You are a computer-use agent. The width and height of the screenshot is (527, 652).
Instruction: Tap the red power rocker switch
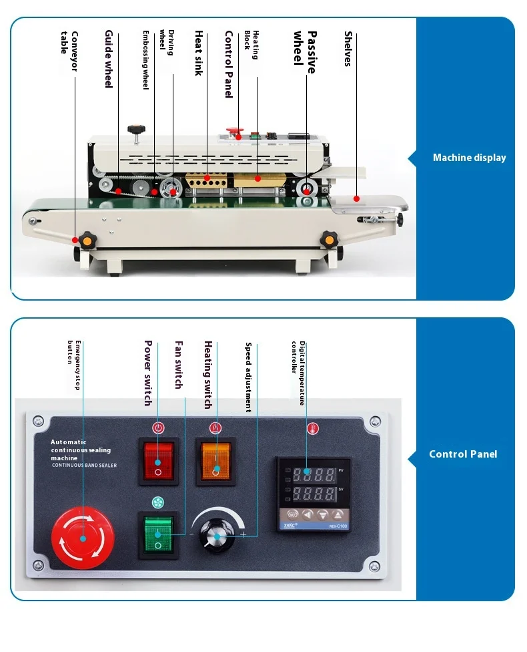pyautogui.click(x=158, y=461)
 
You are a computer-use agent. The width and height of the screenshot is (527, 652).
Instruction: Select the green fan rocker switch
pyautogui.click(x=158, y=534)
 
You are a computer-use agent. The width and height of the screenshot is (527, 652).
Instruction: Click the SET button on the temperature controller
pyautogui.click(x=292, y=514)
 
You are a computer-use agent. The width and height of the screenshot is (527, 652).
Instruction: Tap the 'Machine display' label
pyautogui.click(x=469, y=158)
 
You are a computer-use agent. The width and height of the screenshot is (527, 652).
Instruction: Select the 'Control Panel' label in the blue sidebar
pyautogui.click(x=463, y=454)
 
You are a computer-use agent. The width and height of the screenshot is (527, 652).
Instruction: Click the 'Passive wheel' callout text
pyautogui.click(x=304, y=47)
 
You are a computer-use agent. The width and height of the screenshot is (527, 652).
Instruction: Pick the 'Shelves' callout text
pyautogui.click(x=348, y=48)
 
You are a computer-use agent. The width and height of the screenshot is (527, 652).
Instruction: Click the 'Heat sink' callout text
pyautogui.click(x=198, y=52)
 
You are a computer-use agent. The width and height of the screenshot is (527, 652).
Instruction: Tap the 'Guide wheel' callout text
pyautogui.click(x=109, y=58)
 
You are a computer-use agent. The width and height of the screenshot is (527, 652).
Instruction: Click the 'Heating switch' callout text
pyautogui.click(x=208, y=375)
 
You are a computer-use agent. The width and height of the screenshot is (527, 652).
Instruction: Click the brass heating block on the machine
pyautogui.click(x=257, y=178)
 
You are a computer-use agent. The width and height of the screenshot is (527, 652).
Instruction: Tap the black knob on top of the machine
pyautogui.click(x=139, y=128)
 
